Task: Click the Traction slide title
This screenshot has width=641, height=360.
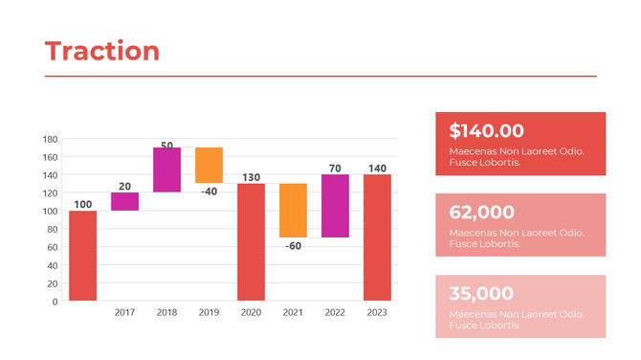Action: [x=102, y=51]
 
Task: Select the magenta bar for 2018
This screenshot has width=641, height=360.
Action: [x=166, y=169]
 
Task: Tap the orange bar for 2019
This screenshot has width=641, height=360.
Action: [x=209, y=165]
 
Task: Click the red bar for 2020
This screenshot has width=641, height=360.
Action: [x=251, y=241]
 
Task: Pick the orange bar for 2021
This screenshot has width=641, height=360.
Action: [x=293, y=210]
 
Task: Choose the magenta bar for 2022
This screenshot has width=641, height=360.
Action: [x=335, y=206]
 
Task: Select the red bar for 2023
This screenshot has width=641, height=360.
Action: [x=377, y=236]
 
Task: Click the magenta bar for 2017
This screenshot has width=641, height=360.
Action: [x=124, y=201]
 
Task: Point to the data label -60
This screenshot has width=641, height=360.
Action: [x=293, y=246]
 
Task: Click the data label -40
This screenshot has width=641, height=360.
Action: [x=209, y=191]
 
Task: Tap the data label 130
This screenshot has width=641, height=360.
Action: [x=251, y=177]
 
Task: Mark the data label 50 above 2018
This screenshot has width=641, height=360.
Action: [x=166, y=146]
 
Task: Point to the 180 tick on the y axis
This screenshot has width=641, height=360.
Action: [x=50, y=139]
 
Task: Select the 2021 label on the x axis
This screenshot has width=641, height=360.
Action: [x=293, y=312]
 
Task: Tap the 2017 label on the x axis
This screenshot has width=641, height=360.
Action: [x=124, y=312]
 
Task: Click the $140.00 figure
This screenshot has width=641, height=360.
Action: [x=486, y=131]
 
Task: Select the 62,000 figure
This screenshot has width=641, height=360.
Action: [x=481, y=213]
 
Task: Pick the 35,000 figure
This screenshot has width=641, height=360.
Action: [x=481, y=294]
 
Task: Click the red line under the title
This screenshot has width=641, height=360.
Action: [x=320, y=76]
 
